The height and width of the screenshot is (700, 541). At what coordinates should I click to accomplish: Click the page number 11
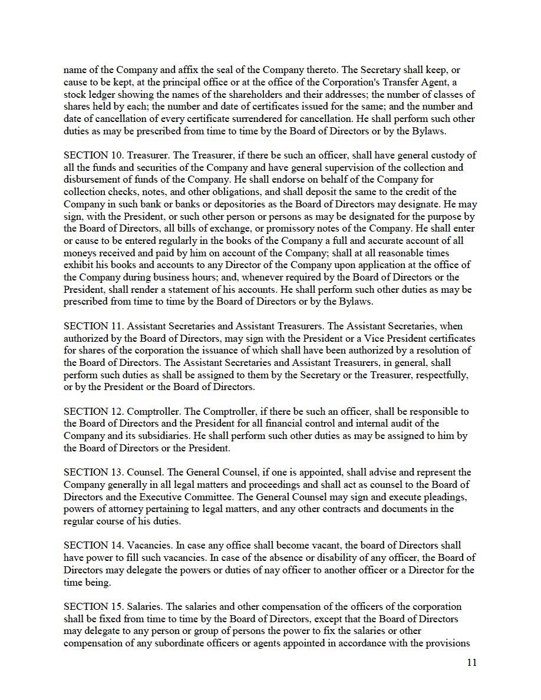(x=471, y=662)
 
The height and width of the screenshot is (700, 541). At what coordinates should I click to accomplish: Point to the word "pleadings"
(x=433, y=497)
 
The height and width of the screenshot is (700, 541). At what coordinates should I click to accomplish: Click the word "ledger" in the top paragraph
(x=103, y=95)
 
